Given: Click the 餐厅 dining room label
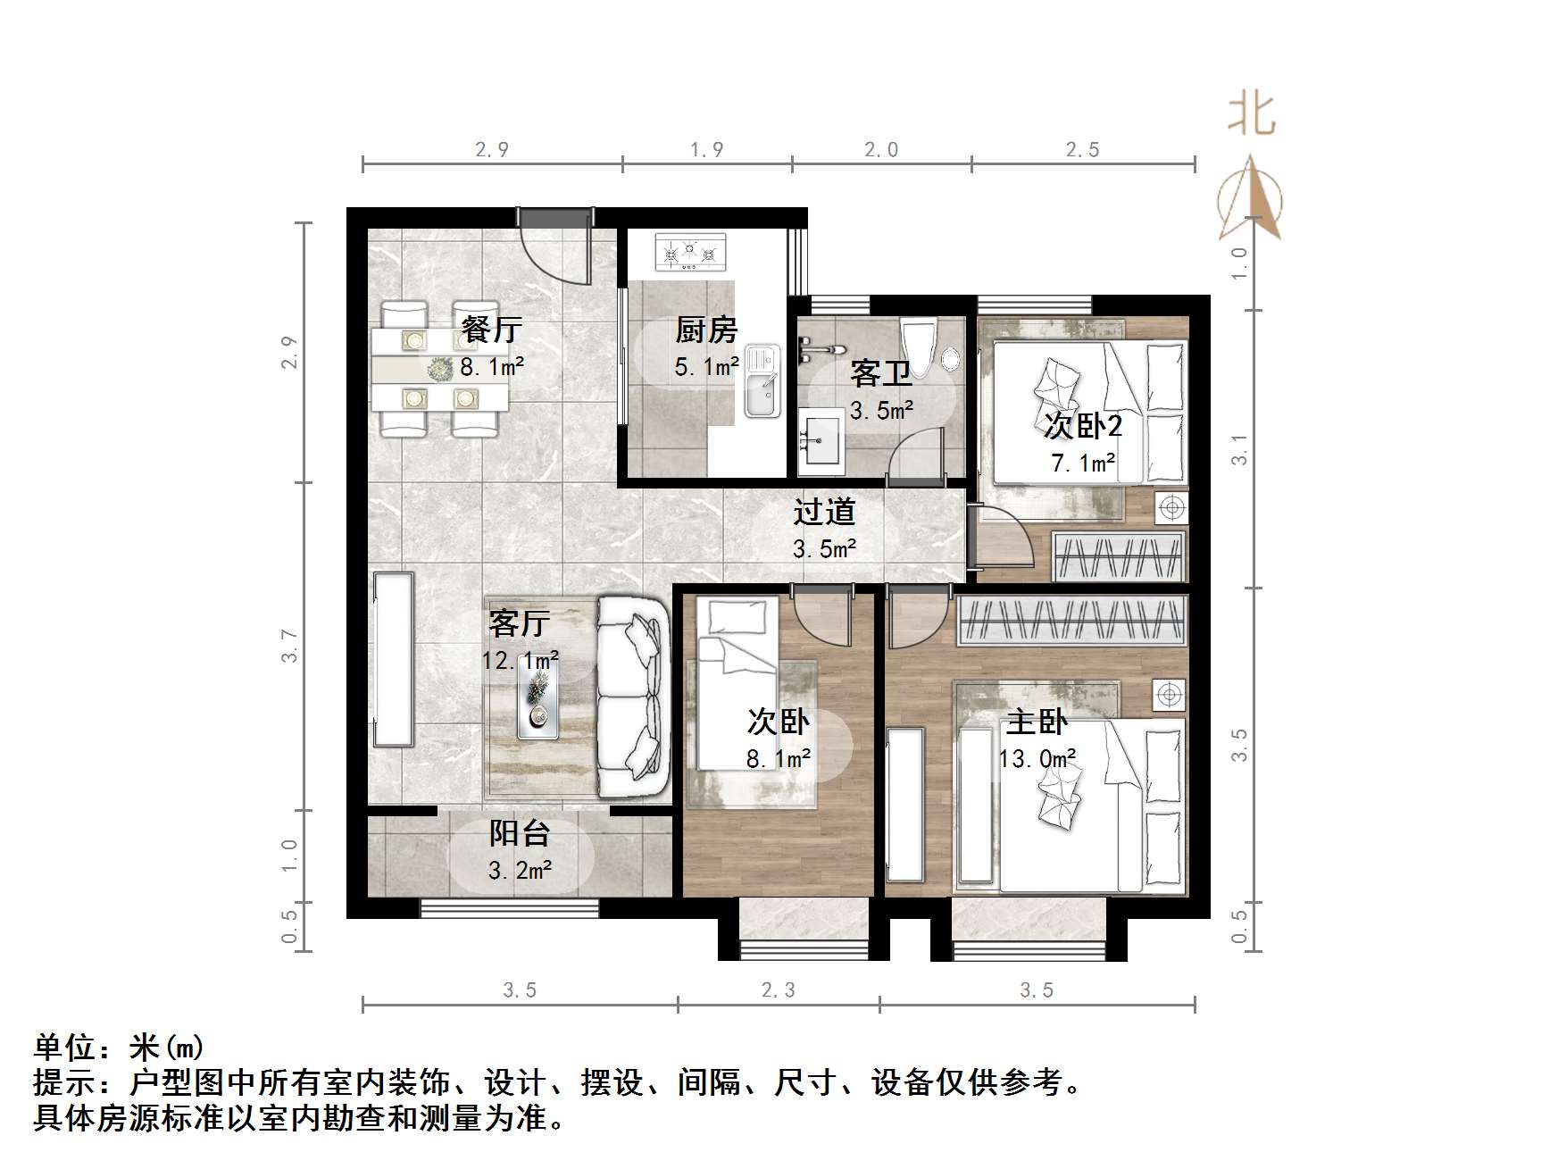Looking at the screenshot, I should pyautogui.click(x=491, y=330).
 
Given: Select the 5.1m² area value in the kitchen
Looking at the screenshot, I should pyautogui.click(x=706, y=366).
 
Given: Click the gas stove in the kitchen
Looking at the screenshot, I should pyautogui.click(x=690, y=252).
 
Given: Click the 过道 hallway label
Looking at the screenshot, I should pyautogui.click(x=824, y=512).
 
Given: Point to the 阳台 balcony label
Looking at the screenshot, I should pyautogui.click(x=519, y=833).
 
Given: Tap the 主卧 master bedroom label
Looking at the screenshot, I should pyautogui.click(x=1037, y=722).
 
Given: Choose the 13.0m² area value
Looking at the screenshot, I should pyautogui.click(x=1037, y=759).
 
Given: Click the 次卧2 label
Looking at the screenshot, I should pyautogui.click(x=1082, y=426).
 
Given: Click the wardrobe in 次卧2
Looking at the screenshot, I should pyautogui.click(x=1119, y=556).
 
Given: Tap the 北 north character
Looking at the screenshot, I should pyautogui.click(x=1252, y=114).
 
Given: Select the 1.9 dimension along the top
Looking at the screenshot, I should pyautogui.click(x=706, y=150).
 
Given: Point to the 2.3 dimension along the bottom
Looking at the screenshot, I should pyautogui.click(x=778, y=989).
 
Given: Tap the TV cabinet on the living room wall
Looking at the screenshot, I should pyautogui.click(x=394, y=658).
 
